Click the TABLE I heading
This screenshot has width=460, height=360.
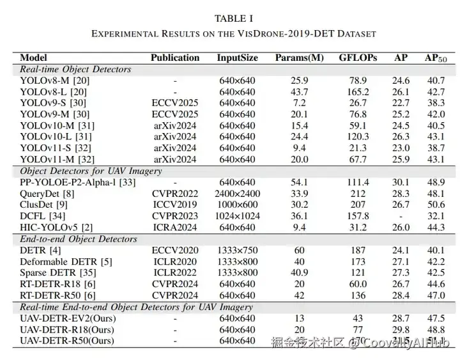coord(233,18)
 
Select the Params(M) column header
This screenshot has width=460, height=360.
coord(299,58)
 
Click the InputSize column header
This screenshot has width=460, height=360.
coord(237,58)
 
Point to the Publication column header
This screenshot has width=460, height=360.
coord(175,58)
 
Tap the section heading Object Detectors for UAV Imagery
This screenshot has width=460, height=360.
coord(90,171)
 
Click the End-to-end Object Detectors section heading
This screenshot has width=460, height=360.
coord(79,239)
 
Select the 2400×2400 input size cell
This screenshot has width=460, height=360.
coord(237,194)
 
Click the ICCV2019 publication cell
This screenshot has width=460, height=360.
coord(175,205)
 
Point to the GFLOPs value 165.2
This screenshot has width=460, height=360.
coord(358,92)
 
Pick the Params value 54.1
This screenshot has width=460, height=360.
coord(299,182)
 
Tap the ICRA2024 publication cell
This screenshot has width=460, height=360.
coord(175,228)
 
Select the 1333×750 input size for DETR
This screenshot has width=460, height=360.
coord(237,250)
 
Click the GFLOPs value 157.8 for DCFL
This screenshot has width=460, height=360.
coord(358,216)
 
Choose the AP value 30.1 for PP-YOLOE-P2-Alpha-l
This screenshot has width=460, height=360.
coord(401,182)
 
